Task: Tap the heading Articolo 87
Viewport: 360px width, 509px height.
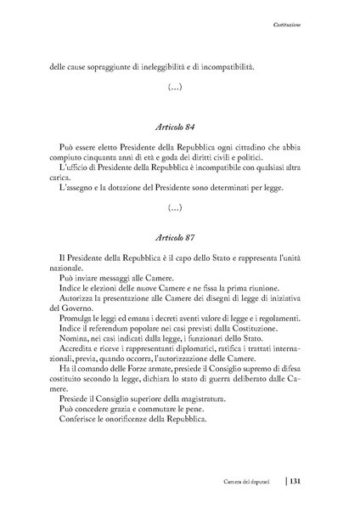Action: point(179,236)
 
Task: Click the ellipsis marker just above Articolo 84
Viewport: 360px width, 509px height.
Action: point(179,87)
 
